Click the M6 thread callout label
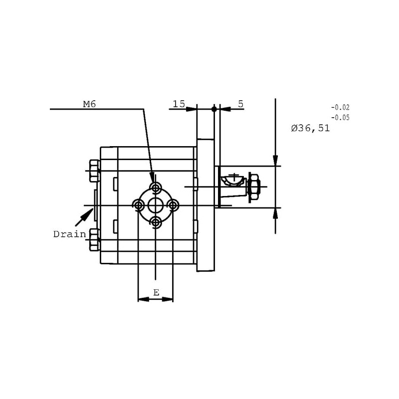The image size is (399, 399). pyautogui.click(x=89, y=104)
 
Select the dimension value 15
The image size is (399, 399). pyautogui.click(x=179, y=104)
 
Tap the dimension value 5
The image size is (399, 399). pyautogui.click(x=240, y=104)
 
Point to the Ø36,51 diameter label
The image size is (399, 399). pyautogui.click(x=310, y=128)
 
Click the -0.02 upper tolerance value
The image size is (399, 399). pyautogui.click(x=340, y=107)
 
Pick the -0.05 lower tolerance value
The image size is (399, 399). pyautogui.click(x=340, y=118)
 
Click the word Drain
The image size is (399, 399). pyautogui.click(x=70, y=234)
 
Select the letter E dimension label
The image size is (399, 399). pyautogui.click(x=156, y=293)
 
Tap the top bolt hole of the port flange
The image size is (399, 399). pyautogui.click(x=156, y=189)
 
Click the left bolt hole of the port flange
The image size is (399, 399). pyautogui.click(x=139, y=205)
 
